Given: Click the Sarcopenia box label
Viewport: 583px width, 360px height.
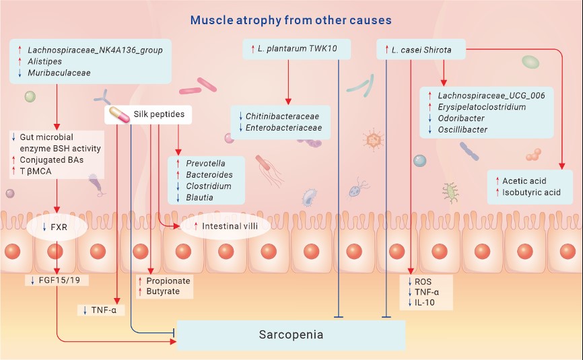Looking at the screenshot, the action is tap(291, 334).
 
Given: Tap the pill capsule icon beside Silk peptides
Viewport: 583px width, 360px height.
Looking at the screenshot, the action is tap(119, 114).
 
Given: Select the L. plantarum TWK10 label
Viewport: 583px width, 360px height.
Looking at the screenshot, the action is tap(297, 48).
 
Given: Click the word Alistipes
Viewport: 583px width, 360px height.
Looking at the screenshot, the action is tap(44, 61).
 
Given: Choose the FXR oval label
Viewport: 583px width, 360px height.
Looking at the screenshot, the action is tap(57, 227).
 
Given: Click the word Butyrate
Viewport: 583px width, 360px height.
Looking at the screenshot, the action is tap(163, 291).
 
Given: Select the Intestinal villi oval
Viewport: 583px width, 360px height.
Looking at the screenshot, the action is tap(226, 226).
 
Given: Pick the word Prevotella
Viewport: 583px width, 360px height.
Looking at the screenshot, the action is tap(205, 164).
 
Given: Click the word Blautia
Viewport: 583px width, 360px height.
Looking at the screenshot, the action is tap(199, 197).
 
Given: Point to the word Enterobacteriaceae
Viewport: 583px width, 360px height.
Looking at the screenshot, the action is tap(283, 128).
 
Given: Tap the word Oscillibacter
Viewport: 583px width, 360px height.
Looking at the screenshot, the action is tap(462, 130).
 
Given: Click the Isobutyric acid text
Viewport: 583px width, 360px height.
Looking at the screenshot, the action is tap(531, 192).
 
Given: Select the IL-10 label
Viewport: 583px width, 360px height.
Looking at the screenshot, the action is tap(424, 302).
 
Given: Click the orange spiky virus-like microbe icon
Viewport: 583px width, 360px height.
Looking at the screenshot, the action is tap(372, 140).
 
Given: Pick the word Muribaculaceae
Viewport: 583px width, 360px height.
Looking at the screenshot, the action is tap(59, 73).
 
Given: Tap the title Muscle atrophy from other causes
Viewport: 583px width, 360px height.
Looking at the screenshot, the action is tap(291, 20).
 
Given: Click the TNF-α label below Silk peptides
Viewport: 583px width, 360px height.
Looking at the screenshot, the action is tap(104, 310).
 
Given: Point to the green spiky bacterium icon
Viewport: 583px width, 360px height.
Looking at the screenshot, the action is tap(450, 192).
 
